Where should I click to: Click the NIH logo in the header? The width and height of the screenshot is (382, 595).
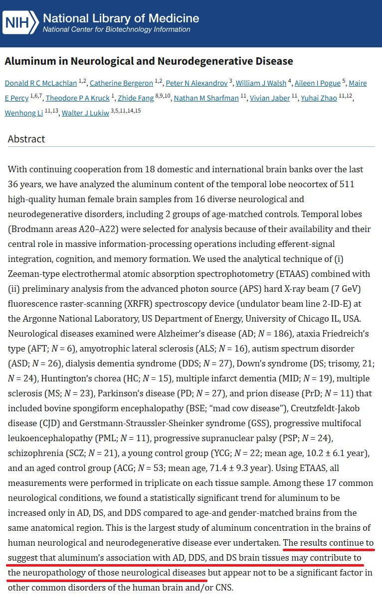point(20,21)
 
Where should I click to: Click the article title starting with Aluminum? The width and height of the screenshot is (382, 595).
point(149,61)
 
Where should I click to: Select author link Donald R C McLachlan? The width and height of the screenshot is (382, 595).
point(41,83)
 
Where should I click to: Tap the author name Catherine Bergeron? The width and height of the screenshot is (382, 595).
point(121,83)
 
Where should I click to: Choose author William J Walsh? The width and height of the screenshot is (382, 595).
point(261,83)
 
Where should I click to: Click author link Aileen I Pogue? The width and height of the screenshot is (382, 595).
point(317,83)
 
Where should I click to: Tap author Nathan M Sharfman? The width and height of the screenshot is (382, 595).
point(206,98)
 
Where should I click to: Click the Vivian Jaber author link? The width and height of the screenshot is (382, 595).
point(270,98)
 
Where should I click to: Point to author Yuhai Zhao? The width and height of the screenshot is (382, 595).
point(319,98)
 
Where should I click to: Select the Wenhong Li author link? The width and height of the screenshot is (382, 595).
point(23,113)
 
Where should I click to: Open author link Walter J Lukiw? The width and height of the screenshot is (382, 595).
point(85,113)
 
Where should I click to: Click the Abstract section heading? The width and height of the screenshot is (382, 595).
point(26,139)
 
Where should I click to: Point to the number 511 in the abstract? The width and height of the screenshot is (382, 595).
point(347,184)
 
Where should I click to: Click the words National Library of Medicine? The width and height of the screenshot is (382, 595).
point(121,18)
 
